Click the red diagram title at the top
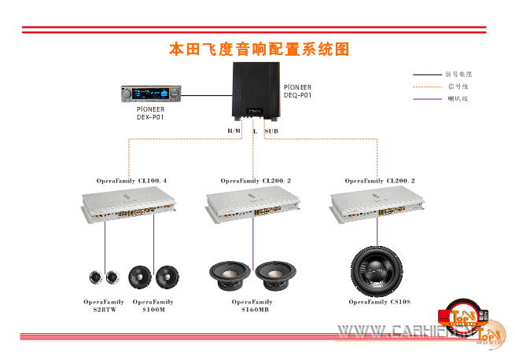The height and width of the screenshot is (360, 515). (259, 49)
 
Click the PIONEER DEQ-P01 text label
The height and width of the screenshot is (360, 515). (298, 91)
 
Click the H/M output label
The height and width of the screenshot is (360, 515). (234, 130)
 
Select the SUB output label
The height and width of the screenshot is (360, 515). (271, 130)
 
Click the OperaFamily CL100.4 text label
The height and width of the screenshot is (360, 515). (131, 181)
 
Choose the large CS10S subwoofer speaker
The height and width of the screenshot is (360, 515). (379, 271)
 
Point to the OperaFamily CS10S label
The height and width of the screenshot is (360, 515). (380, 302)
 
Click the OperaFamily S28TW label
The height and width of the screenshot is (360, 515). (104, 306)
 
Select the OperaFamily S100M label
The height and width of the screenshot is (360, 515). (153, 306)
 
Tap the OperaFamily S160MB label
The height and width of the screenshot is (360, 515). (252, 306)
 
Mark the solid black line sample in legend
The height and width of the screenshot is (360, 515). (427, 74)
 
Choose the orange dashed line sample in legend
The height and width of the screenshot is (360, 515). (427, 86)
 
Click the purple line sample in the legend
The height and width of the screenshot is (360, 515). (427, 99)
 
